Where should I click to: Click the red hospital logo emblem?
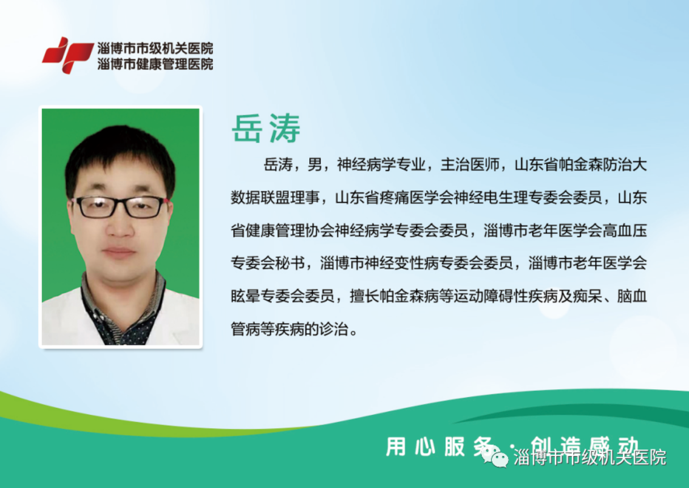point(68,56)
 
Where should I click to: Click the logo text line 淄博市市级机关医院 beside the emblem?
point(156,49)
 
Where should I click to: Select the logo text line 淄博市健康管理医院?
point(156,64)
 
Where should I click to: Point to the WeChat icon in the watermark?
point(495,456)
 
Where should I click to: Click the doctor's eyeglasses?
point(120,207)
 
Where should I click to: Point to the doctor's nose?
point(120,226)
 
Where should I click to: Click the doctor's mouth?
point(119,252)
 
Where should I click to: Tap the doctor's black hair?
point(120,154)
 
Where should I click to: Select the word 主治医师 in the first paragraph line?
point(470,165)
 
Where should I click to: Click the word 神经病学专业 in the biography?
point(381,165)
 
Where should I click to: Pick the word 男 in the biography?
point(314,165)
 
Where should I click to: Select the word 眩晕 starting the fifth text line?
point(245,296)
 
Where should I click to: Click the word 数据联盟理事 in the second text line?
point(275,198)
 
